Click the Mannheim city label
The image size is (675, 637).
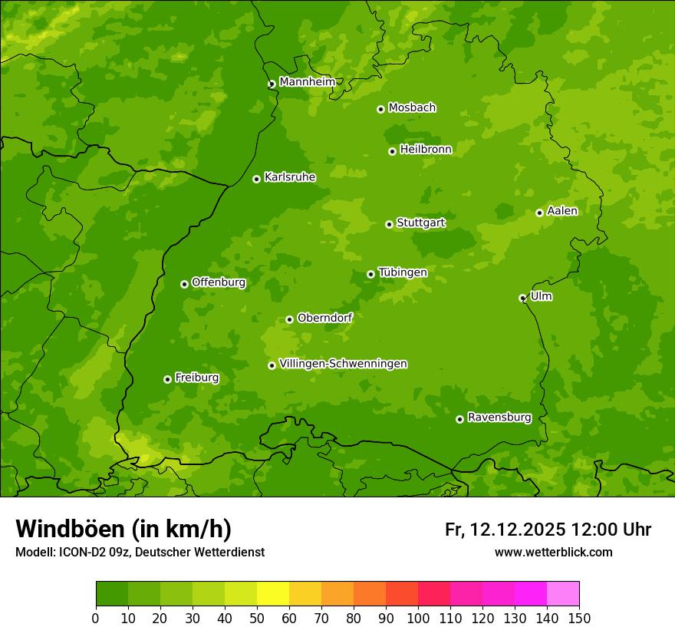pos(307,81)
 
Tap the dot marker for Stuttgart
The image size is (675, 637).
pos(389,224)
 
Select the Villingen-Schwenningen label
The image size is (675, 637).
pos(343,364)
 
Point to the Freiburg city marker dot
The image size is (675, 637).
pos(167,379)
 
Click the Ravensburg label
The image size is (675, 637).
pos(499,418)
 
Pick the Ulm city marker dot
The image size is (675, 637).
pos(522,298)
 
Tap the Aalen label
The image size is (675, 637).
pos(562,211)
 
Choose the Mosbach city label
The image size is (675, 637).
pos(411,108)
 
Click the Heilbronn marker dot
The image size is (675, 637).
pos(392,151)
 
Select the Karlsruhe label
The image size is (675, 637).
pos(289,177)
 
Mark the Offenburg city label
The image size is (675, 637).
pos(218,282)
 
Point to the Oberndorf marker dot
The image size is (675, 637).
pos(289,319)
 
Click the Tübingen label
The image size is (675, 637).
pos(402,272)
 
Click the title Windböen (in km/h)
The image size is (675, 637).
pos(123,529)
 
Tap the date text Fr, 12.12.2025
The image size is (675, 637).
pos(505,530)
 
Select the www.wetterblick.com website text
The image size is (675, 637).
pos(553,552)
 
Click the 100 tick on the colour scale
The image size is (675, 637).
pos(418,618)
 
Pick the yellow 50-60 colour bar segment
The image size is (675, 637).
pos(272,594)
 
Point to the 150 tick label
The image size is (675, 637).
pos(578,618)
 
